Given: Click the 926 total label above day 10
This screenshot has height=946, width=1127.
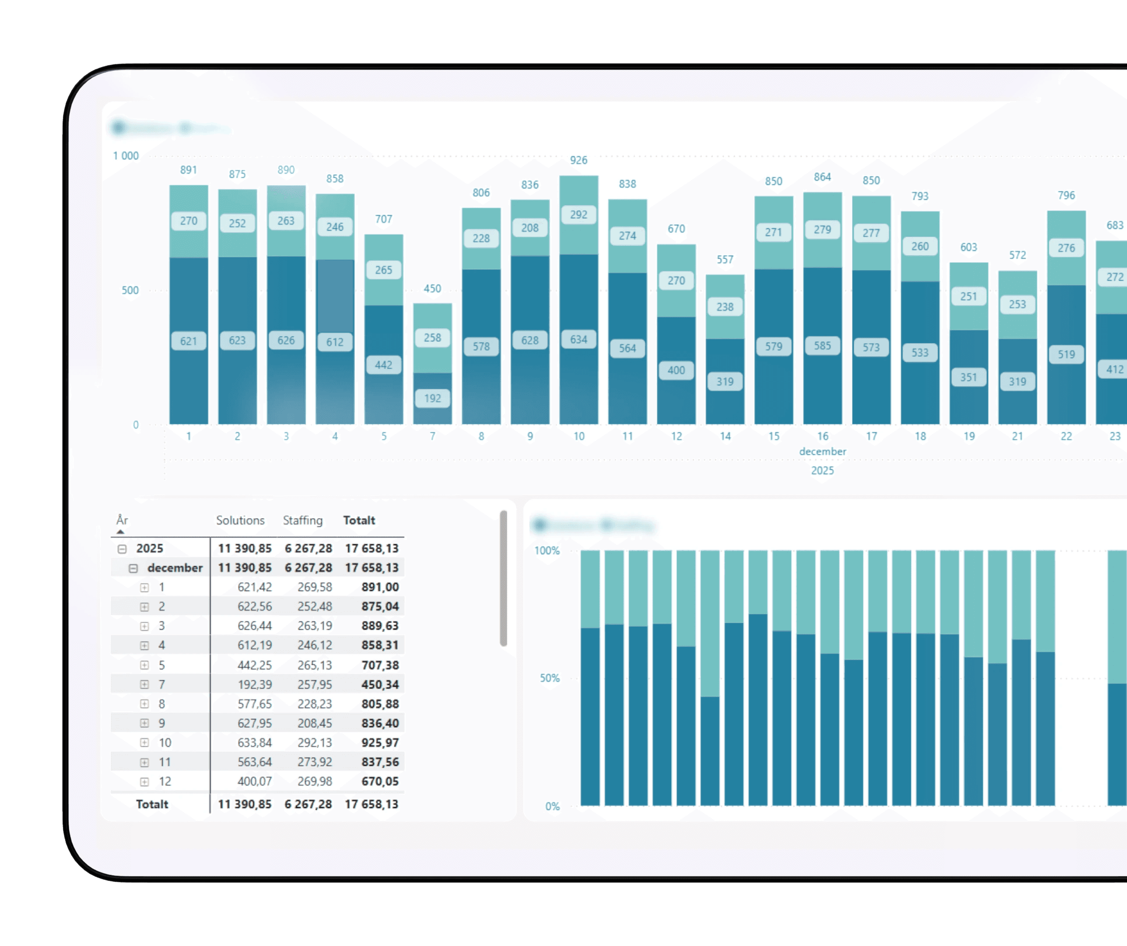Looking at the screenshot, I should [x=578, y=160].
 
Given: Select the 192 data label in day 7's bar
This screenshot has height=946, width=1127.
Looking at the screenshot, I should [x=432, y=399].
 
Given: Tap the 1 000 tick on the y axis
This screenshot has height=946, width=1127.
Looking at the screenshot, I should [x=126, y=156].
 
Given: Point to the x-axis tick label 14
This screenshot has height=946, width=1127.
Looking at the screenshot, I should [x=725, y=437].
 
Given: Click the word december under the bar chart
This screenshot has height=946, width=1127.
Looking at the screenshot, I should [x=822, y=452].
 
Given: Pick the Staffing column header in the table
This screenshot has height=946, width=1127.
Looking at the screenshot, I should [x=303, y=520].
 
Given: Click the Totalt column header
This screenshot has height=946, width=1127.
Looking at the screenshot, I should [x=359, y=520].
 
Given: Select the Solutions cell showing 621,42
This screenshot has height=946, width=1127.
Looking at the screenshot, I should [x=255, y=587].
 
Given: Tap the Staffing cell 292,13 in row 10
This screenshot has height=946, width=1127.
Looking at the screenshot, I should [x=315, y=743].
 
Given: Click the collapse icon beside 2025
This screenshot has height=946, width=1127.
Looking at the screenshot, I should [x=122, y=549].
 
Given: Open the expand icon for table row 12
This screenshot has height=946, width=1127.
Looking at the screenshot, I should [x=144, y=782].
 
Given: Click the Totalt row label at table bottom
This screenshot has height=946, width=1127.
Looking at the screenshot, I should [x=152, y=805].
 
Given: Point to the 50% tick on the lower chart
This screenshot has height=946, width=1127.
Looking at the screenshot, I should [x=549, y=678].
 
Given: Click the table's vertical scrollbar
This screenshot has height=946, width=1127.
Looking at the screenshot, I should [x=503, y=579].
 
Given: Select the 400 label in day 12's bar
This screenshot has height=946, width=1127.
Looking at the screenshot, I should [x=676, y=370].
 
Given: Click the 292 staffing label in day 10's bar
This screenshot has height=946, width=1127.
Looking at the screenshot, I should [x=578, y=215].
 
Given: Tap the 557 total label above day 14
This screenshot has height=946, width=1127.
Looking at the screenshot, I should [x=725, y=260].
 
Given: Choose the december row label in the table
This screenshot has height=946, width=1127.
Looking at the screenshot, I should [x=175, y=568].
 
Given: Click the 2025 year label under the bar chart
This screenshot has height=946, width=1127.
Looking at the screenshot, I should [x=822, y=471].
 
